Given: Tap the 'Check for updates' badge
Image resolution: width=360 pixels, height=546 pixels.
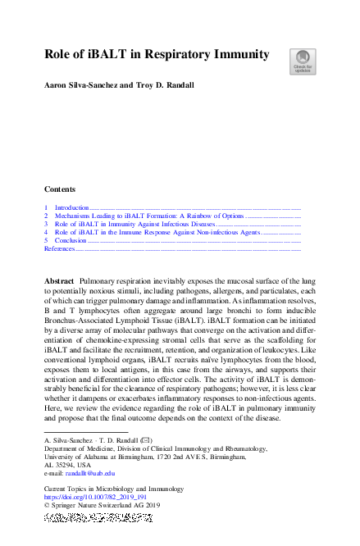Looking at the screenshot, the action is tap(303, 61).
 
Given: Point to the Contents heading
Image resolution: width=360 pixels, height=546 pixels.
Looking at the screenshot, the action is tap(60, 189).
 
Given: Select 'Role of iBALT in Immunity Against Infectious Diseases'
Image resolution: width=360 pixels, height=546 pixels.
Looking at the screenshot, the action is tap(134, 224).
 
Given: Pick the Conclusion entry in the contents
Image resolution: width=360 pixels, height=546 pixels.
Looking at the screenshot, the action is tap(71, 240).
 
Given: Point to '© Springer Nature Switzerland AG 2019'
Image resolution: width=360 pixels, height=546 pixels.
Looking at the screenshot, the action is tap(96, 505).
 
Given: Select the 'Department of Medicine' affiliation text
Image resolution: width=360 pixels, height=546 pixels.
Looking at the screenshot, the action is tap(80, 448).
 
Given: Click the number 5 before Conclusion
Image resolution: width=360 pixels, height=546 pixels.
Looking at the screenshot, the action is tap(47, 240).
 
